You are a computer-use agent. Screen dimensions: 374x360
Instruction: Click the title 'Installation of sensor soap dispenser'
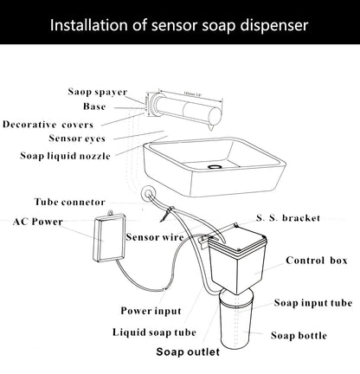tap(180, 23)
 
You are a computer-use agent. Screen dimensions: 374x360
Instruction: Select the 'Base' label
tap(95, 107)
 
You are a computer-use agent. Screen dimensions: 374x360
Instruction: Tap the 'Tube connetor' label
tap(70, 201)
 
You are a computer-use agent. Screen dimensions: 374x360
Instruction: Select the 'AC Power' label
tap(38, 221)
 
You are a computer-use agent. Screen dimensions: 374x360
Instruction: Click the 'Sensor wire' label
tap(154, 236)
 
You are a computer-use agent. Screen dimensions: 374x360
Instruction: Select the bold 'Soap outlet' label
tap(187, 352)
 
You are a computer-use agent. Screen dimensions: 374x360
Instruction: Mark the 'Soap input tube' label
tap(313, 303)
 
